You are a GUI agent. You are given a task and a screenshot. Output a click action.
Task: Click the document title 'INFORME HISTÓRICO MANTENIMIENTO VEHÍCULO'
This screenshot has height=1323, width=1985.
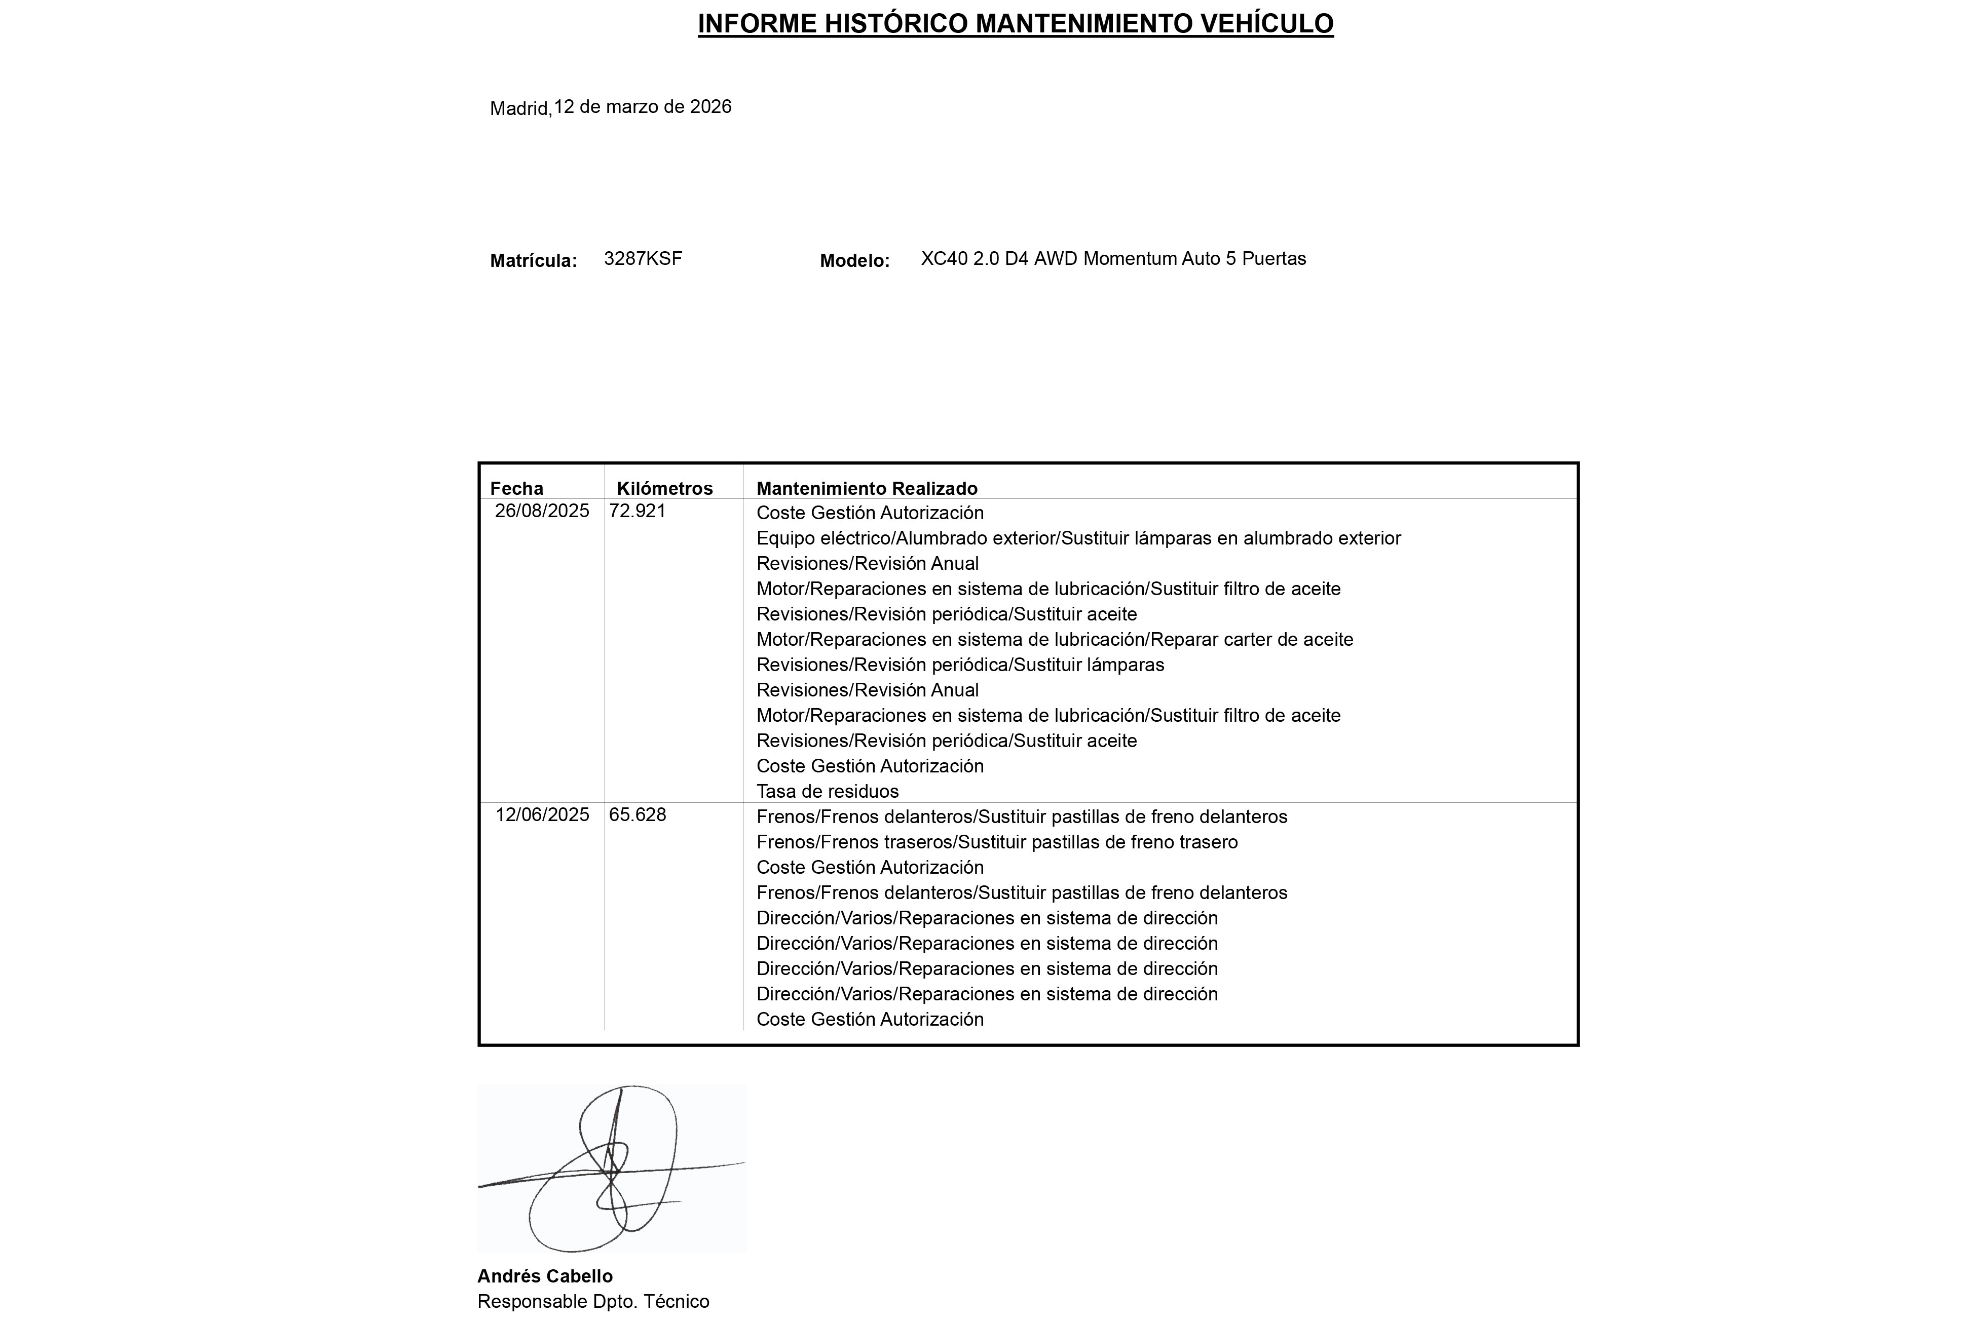(1015, 24)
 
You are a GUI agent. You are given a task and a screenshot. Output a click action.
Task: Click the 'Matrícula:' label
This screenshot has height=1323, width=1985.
(534, 261)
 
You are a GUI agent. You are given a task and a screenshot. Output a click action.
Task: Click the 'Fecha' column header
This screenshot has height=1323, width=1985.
(516, 489)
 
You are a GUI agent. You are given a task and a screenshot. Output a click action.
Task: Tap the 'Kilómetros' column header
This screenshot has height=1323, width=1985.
(664, 489)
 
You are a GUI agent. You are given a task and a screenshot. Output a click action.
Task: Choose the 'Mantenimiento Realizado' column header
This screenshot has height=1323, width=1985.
(867, 489)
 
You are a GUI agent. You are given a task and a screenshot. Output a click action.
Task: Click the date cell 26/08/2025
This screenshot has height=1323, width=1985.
(542, 511)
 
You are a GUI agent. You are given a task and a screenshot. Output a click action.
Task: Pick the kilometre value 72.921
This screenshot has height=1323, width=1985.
(637, 511)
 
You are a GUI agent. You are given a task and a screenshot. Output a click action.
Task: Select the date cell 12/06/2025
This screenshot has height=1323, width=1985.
(542, 815)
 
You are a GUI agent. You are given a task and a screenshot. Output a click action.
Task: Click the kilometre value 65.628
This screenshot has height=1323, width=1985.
(637, 815)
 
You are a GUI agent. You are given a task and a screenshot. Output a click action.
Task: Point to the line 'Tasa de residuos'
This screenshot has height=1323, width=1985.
(827, 792)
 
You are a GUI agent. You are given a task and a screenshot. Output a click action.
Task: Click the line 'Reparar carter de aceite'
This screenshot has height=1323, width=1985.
(1054, 640)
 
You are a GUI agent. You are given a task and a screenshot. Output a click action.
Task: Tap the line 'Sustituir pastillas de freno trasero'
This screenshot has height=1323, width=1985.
(997, 842)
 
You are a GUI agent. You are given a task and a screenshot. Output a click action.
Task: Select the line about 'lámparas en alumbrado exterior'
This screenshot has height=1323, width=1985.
(1078, 538)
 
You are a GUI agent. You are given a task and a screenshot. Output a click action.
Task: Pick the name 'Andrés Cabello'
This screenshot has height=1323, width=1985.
(544, 1276)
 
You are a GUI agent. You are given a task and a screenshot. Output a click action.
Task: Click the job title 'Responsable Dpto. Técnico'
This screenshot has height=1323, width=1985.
(592, 1302)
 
